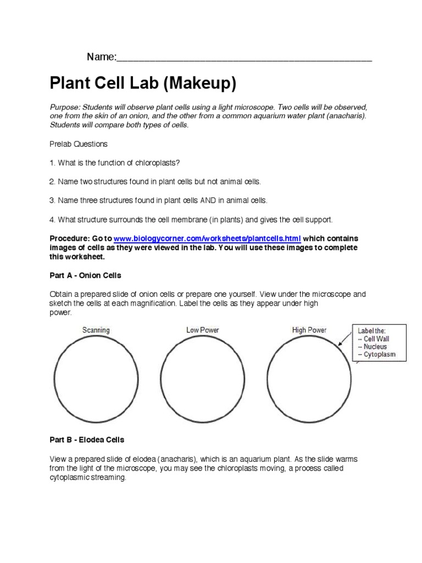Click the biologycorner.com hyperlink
[x=207, y=239]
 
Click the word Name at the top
[x=101, y=57]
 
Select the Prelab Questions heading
[x=79, y=144]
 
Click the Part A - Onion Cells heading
[x=85, y=275]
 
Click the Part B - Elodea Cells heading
[x=87, y=440]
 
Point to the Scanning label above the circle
[x=96, y=330]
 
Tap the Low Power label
[x=202, y=330]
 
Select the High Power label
[x=309, y=330]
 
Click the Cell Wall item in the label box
[x=376, y=339]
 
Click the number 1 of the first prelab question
[x=52, y=163]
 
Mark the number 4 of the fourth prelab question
[x=52, y=219]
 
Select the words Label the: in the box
[x=372, y=331]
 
